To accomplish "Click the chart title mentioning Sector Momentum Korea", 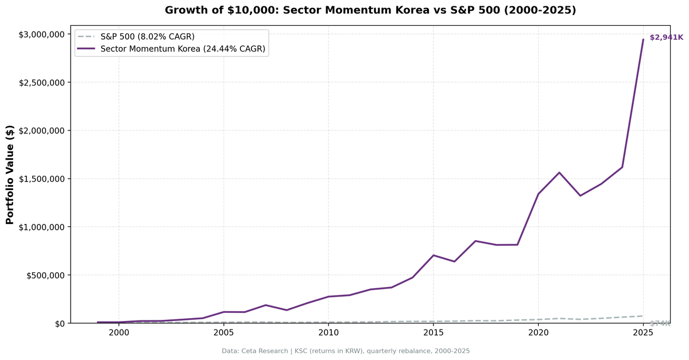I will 370,10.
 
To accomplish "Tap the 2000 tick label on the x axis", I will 119,333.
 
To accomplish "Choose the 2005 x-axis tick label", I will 223,333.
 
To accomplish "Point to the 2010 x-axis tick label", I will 328,333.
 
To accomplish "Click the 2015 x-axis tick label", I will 433,333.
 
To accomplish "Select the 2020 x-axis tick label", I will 538,333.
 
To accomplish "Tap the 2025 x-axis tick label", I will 643,333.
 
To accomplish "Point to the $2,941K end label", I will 666,37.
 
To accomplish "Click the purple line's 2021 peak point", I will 559,172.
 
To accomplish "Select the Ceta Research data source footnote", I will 346,351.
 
